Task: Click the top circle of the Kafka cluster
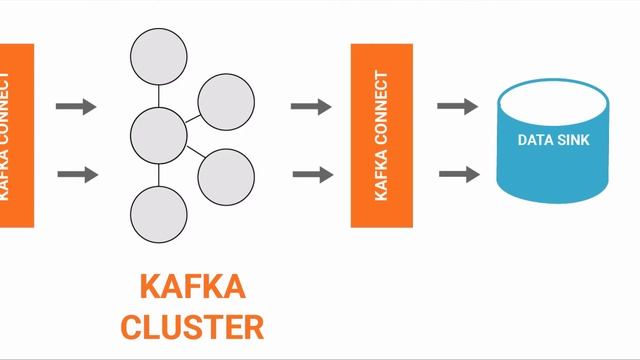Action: pyautogui.click(x=159, y=59)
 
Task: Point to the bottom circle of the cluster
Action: pyautogui.click(x=159, y=213)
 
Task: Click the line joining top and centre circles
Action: pyautogui.click(x=159, y=95)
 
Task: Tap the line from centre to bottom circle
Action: pyautogui.click(x=159, y=172)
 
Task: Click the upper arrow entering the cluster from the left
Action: pyautogui.click(x=76, y=106)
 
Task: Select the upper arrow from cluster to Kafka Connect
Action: pyautogui.click(x=311, y=106)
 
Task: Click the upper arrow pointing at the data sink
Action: pyautogui.click(x=458, y=106)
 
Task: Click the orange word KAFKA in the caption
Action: pyautogui.click(x=191, y=287)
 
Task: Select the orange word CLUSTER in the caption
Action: pyautogui.click(x=191, y=326)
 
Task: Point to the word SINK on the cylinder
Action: pyautogui.click(x=570, y=140)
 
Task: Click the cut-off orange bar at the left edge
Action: pyautogui.click(x=16, y=135)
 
